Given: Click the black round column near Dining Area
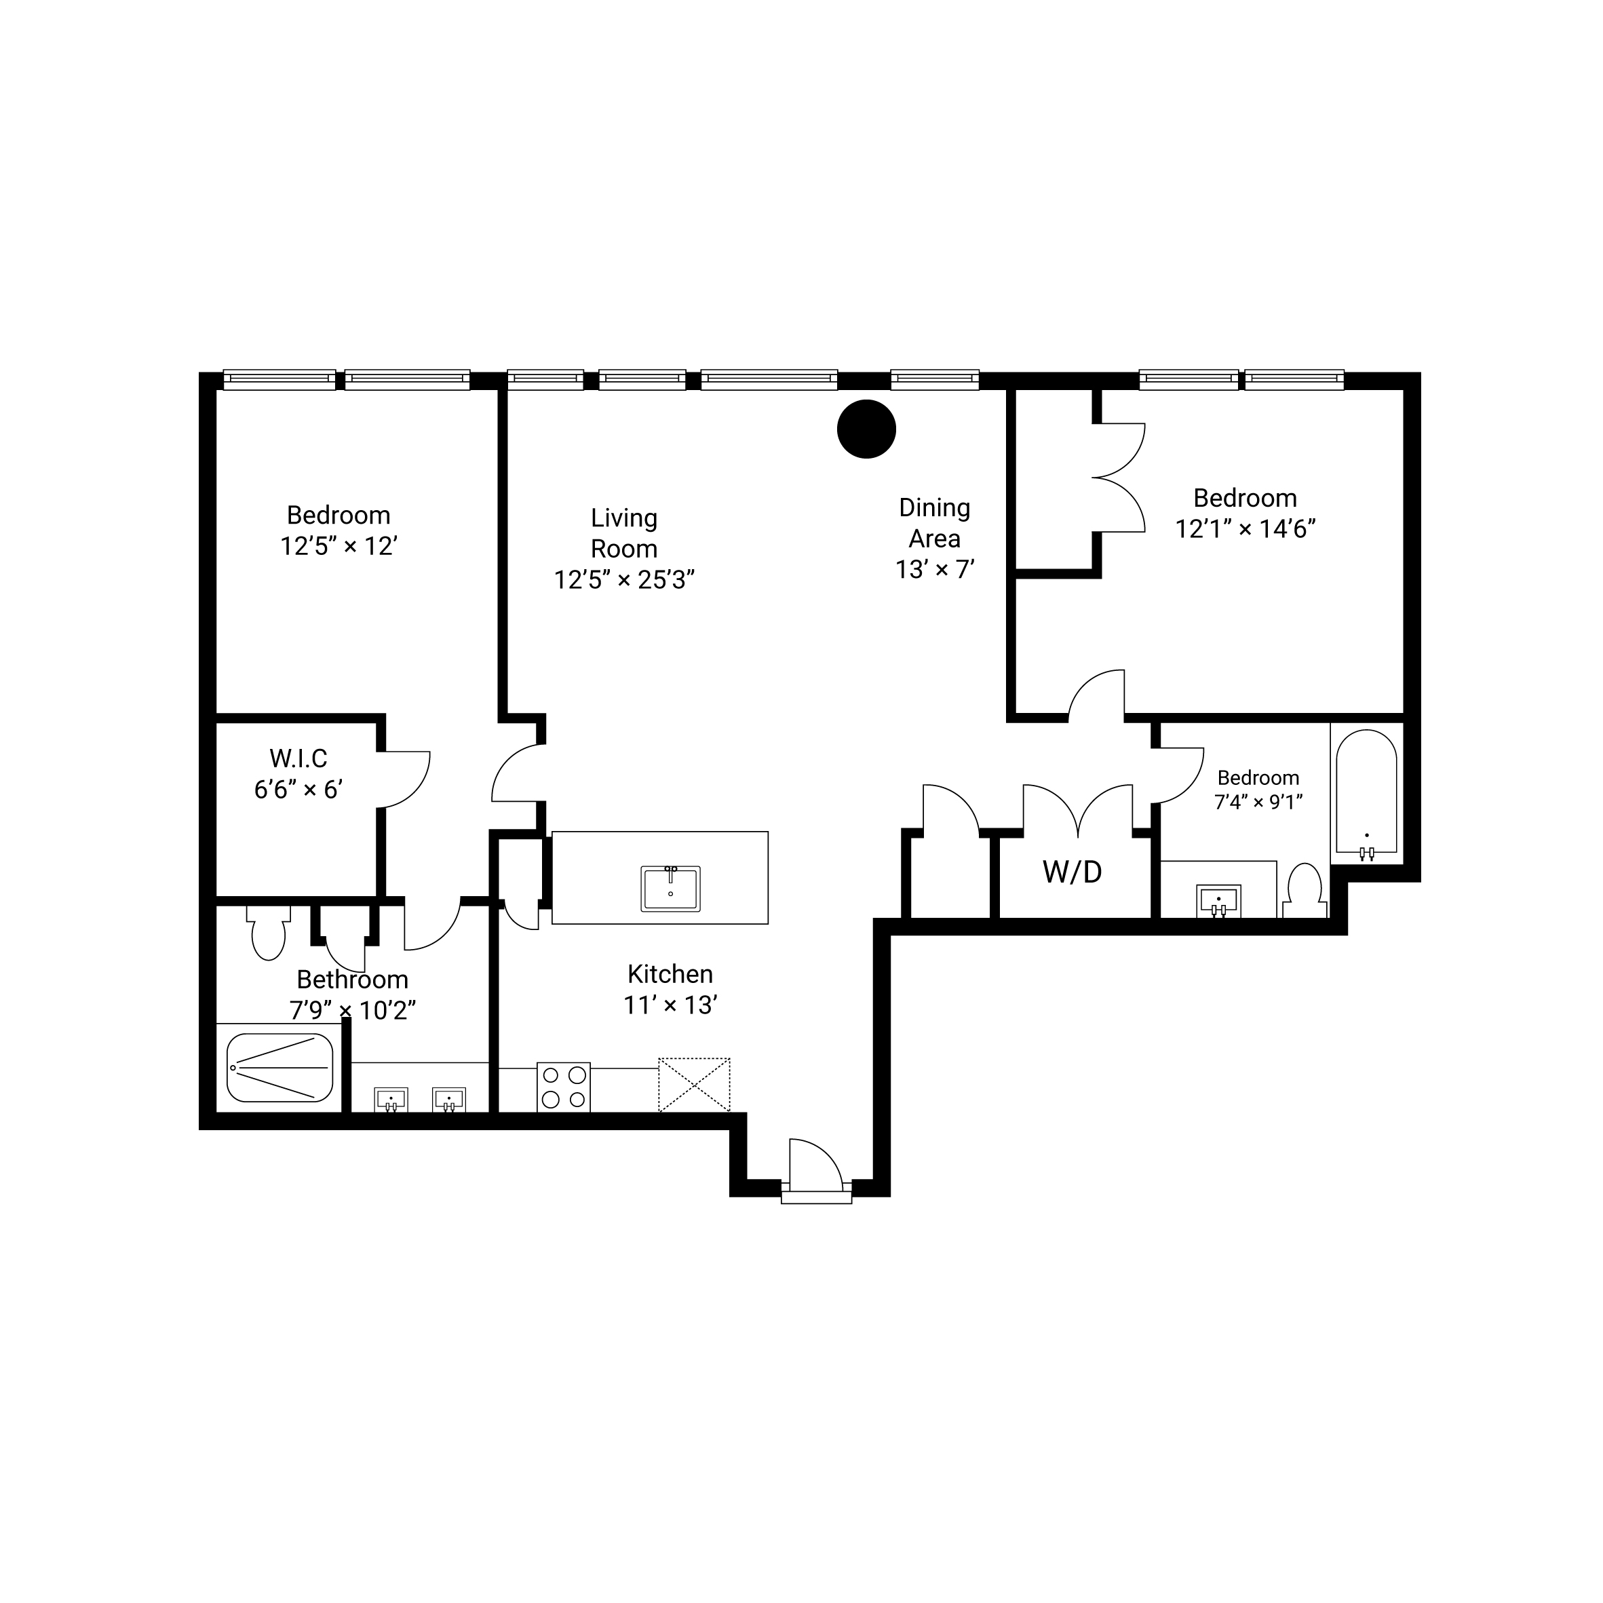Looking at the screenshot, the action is (866, 429).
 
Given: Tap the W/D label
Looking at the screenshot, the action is (1072, 872).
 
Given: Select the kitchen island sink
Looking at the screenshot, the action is (670, 888).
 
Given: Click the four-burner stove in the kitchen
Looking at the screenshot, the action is (563, 1087).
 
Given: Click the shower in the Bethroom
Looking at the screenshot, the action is (279, 1067).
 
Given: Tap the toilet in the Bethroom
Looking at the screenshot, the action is (268, 933).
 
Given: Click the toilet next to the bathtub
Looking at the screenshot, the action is (1302, 890).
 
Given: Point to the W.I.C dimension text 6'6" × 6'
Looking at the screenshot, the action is (298, 789).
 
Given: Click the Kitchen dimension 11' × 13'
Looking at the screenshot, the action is (670, 1005).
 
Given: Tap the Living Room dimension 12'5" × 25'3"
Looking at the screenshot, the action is (624, 579).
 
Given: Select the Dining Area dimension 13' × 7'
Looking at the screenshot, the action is (934, 569).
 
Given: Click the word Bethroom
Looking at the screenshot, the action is (353, 979).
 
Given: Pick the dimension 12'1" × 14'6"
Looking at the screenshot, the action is (1245, 528).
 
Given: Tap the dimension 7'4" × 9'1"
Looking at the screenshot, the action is (1258, 802).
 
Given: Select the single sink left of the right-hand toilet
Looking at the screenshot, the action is (1218, 901).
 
